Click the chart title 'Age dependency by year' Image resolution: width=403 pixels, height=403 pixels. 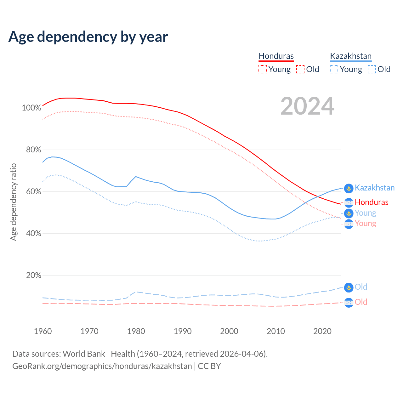[x=88, y=37]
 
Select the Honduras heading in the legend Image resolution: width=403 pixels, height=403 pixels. [x=276, y=56]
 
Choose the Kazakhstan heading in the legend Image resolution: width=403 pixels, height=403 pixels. [x=351, y=56]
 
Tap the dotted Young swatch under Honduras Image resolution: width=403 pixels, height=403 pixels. [x=263, y=69]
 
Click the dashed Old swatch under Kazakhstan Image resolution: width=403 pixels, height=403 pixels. [x=372, y=69]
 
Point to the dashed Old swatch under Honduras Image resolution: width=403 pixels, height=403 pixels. [x=300, y=69]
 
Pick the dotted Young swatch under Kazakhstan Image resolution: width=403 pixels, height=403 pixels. [x=334, y=69]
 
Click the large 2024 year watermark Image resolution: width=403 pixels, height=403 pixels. [x=307, y=106]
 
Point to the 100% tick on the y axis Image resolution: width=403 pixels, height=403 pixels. [x=31, y=108]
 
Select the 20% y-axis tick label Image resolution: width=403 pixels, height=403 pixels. [x=33, y=275]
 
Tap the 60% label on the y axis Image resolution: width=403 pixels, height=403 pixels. [x=33, y=192]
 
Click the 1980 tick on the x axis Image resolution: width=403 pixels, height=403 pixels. [x=136, y=331]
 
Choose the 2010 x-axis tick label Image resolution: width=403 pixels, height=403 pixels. [x=276, y=331]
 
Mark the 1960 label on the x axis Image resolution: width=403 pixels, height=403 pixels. [x=43, y=331]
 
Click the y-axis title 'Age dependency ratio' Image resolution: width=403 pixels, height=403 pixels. [x=14, y=202]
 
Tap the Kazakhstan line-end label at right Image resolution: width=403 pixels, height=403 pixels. [x=375, y=188]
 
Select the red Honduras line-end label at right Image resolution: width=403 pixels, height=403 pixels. [x=372, y=202]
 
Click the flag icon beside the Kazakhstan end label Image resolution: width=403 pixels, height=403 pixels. [x=349, y=188]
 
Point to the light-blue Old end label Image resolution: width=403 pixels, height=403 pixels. [x=361, y=287]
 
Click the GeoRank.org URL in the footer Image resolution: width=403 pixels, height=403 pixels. [x=102, y=366]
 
